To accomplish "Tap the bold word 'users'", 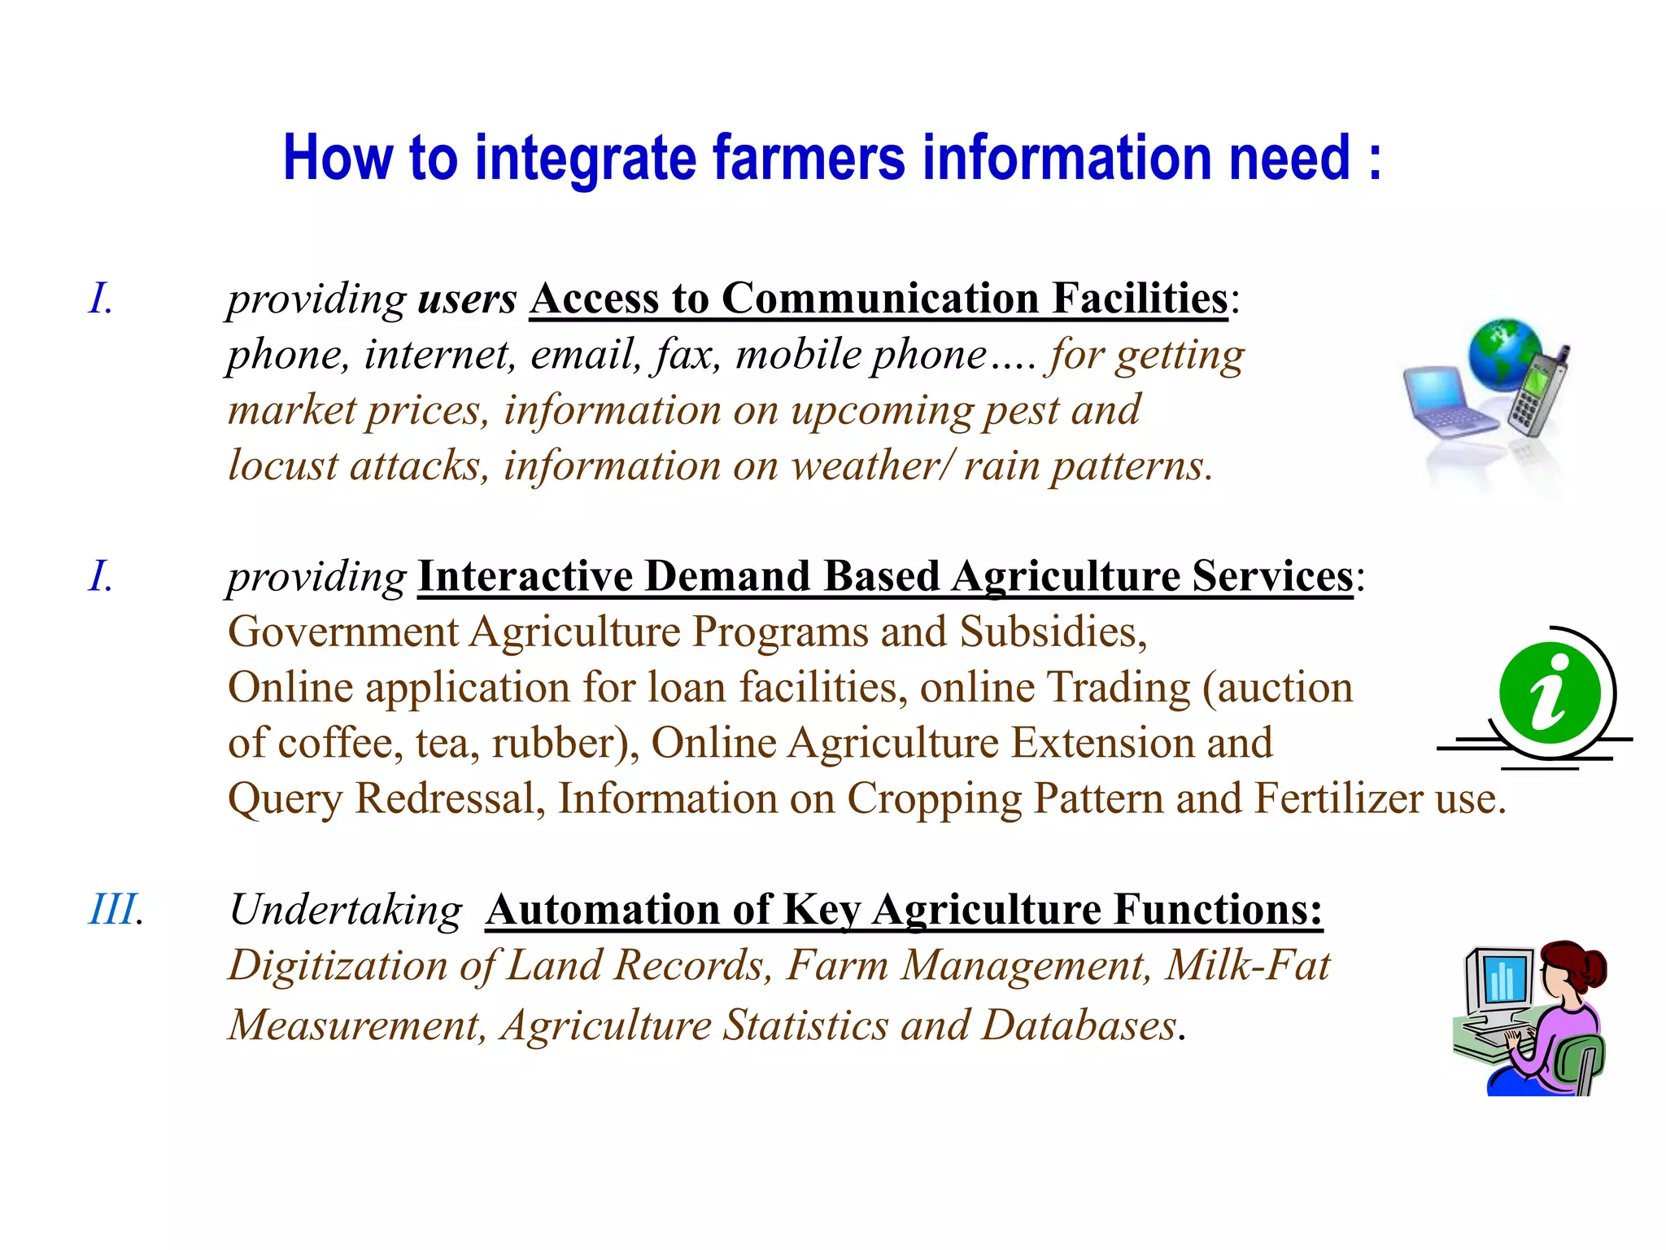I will click(x=467, y=299).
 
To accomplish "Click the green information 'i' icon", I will click(x=1550, y=693).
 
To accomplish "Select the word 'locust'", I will click(x=282, y=465).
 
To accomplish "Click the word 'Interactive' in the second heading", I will click(x=525, y=576).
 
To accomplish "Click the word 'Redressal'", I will click(x=450, y=798).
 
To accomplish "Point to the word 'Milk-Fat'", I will click(x=1248, y=966).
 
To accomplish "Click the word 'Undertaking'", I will click(x=346, y=910).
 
